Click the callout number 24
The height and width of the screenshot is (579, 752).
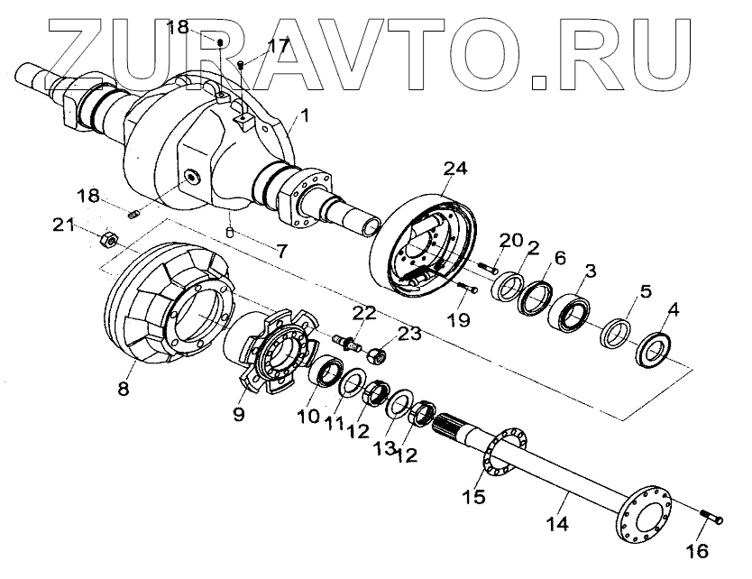point(455,170)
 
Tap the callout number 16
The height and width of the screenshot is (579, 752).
point(700,549)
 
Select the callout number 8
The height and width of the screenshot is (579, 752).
point(123,390)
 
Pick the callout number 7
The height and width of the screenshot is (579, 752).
point(282,252)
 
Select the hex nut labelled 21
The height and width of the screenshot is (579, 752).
point(105,239)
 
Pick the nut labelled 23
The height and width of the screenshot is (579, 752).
point(380,354)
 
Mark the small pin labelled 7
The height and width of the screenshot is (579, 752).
point(230,233)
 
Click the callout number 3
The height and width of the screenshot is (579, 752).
point(590,271)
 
